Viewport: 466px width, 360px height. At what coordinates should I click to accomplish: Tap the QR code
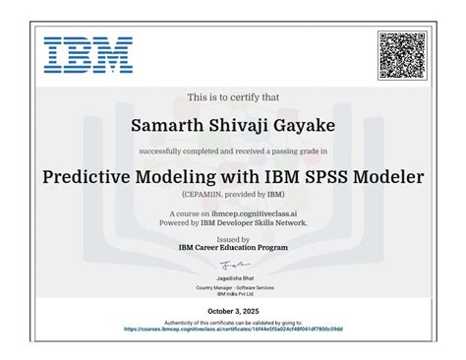click(x=402, y=55)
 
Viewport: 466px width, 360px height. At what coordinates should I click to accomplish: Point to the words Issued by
click(x=232, y=239)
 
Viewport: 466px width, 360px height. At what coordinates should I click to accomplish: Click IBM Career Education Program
click(x=233, y=248)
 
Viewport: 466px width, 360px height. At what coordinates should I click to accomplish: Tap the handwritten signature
click(x=233, y=265)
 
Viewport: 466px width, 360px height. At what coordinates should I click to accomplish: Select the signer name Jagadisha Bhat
click(x=232, y=278)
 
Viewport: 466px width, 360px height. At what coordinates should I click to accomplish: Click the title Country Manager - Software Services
click(x=233, y=287)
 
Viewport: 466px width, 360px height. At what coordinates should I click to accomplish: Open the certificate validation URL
click(x=233, y=330)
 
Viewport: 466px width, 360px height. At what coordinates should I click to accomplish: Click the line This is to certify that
click(x=233, y=98)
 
